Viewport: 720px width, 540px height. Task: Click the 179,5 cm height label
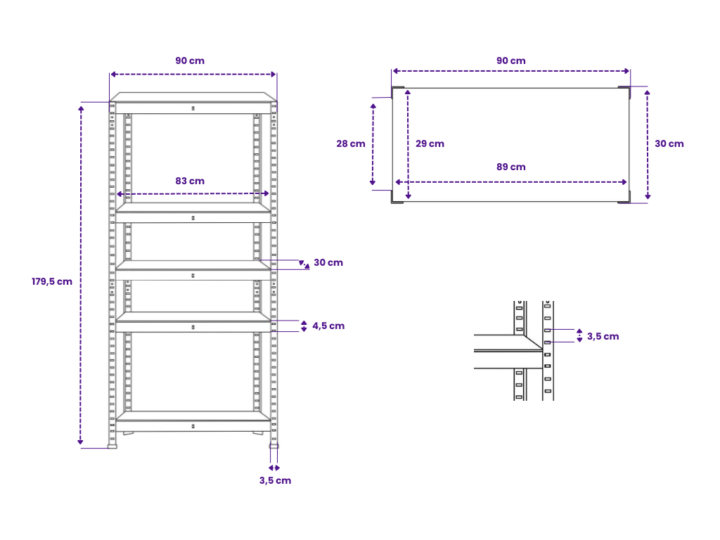(x=52, y=281)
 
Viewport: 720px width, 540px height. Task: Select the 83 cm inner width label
(x=190, y=181)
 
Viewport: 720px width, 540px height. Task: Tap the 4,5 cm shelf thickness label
(x=328, y=326)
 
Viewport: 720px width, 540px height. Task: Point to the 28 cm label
(x=351, y=143)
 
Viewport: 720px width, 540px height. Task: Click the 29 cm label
(x=430, y=143)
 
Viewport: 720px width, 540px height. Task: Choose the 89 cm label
(x=510, y=167)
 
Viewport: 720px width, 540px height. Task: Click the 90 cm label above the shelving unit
(x=190, y=60)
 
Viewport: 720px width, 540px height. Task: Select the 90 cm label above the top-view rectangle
(x=510, y=60)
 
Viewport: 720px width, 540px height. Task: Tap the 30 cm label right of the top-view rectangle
(x=669, y=143)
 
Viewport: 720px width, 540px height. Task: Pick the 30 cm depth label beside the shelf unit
(x=328, y=263)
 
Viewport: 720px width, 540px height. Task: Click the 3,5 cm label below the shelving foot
(x=275, y=480)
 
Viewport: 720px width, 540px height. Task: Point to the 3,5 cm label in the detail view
(x=603, y=336)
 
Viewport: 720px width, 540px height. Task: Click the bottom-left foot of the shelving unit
(x=112, y=446)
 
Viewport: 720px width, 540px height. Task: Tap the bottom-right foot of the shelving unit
(x=274, y=446)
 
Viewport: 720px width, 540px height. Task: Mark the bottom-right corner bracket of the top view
(x=624, y=198)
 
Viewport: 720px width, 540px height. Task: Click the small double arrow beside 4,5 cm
(x=304, y=326)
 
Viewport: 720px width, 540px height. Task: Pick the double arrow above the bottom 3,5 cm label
(x=274, y=468)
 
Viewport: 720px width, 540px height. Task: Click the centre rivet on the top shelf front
(x=193, y=108)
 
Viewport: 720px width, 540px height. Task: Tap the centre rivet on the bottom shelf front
(x=193, y=427)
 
